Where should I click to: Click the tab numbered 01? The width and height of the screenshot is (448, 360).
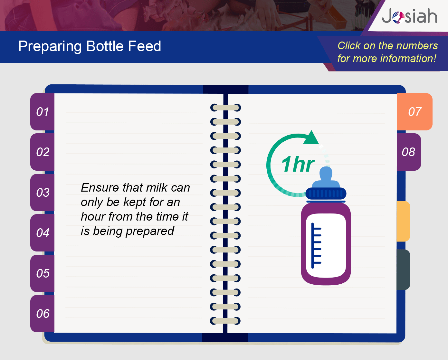pos(43,112)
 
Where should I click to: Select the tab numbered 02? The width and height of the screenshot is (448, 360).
pos(43,152)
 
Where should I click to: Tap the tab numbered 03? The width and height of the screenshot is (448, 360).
pos(43,192)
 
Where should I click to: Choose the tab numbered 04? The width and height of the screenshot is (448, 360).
pos(43,233)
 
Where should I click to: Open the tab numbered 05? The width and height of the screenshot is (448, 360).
pos(43,273)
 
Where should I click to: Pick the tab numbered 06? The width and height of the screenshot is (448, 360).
pos(43,314)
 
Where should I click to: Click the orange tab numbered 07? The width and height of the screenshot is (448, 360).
pos(415,112)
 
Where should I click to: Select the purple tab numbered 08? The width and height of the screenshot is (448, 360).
pos(409,152)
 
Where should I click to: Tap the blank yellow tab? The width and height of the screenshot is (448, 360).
pos(404,221)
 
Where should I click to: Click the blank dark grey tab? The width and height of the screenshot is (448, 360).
pos(404,270)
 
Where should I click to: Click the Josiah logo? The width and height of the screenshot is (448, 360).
pos(409,16)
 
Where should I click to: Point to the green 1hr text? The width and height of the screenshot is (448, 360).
pos(298,164)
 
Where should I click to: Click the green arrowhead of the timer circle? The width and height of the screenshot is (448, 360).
pos(311,138)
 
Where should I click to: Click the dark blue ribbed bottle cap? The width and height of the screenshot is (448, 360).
pos(326,194)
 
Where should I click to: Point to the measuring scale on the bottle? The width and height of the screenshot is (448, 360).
pos(316,246)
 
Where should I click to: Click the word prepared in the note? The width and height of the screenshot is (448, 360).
pos(150,232)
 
